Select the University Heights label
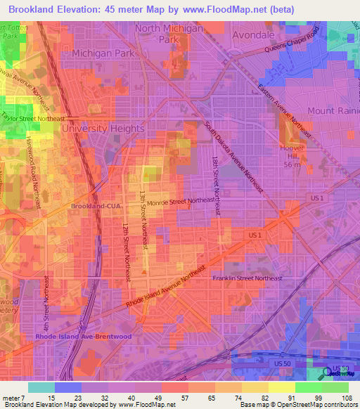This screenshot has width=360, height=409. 103,129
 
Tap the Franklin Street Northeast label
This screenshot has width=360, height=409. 247,278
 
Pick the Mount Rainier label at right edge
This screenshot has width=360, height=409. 333,111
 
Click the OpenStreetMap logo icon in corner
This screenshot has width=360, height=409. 327,372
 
